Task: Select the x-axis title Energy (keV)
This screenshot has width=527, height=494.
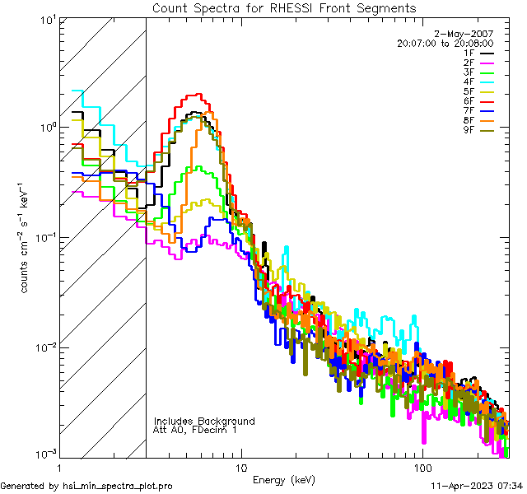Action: pos(283,479)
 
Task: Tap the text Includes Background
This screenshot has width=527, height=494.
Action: pos(204,421)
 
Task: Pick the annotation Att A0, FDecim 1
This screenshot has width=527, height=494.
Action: pos(195,430)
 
